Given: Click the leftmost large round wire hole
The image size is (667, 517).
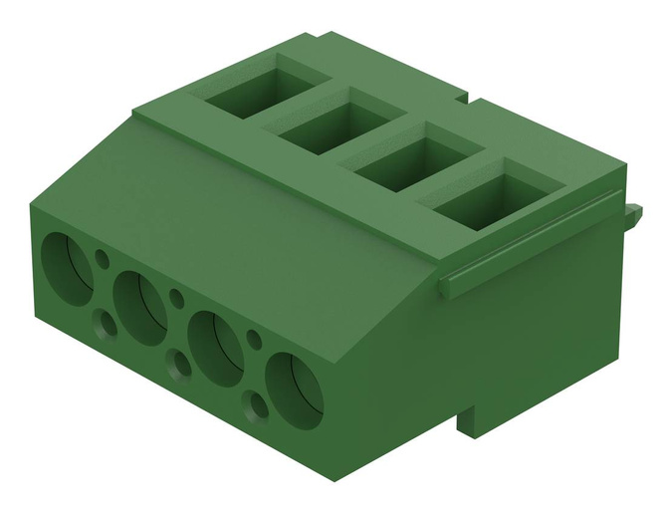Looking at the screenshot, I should click(69, 266).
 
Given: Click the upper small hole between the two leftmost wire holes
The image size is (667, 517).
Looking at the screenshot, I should click(103, 260).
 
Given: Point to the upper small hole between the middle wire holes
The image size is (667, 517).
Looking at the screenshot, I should click(177, 298).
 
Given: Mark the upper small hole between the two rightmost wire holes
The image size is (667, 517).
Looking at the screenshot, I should click(255, 339).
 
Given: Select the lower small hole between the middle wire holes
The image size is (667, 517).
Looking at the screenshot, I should click(181, 364).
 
